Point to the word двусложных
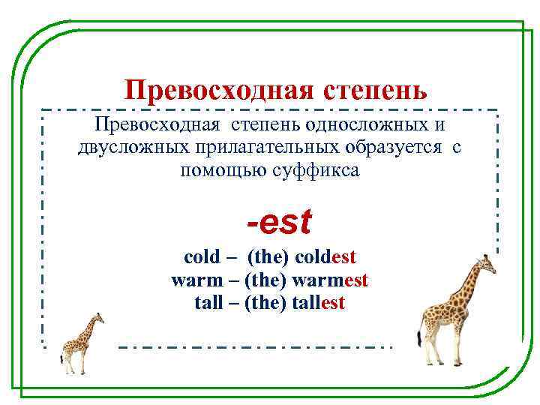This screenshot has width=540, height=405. (x=127, y=147)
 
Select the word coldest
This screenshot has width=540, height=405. (x=325, y=257)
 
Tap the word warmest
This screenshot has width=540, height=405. (x=331, y=280)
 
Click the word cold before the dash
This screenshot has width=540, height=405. (x=202, y=257)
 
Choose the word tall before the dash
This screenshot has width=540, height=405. (x=208, y=303)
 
